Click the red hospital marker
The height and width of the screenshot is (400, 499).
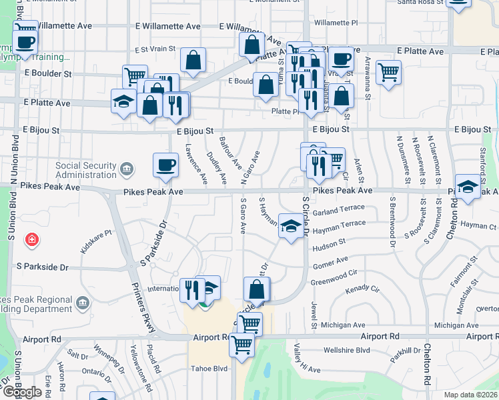pos(31,239)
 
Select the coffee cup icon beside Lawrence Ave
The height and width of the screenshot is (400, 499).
pos(165,165)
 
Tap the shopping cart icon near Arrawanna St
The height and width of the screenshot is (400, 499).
pos(388,71)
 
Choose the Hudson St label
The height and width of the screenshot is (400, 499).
pos(329,245)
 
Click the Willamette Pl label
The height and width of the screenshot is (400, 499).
pos(336,23)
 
